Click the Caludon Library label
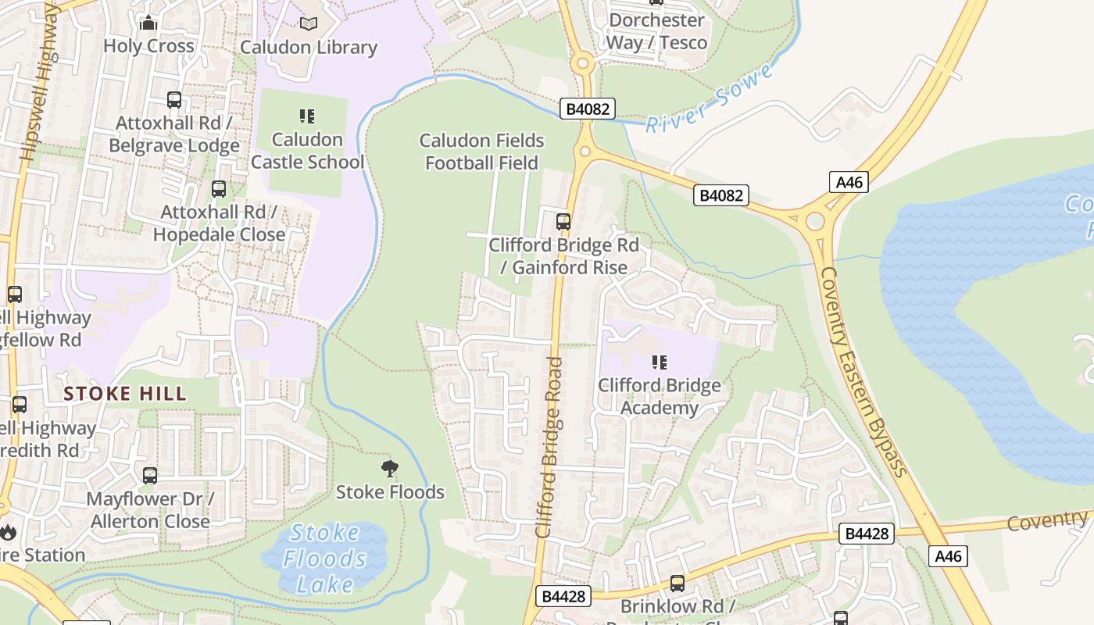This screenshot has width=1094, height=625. (309, 47)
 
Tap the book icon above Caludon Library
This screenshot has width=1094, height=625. (309, 24)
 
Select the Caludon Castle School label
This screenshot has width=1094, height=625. (307, 151)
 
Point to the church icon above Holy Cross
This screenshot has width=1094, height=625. (148, 23)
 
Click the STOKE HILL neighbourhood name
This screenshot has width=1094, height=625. (125, 393)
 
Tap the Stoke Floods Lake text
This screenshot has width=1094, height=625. (324, 559)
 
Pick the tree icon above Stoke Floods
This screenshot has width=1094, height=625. (389, 469)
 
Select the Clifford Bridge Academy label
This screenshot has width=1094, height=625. (660, 397)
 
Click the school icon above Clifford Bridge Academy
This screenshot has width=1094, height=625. (660, 362)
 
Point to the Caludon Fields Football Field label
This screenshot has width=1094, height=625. (481, 152)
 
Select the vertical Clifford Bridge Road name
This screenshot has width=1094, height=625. (550, 447)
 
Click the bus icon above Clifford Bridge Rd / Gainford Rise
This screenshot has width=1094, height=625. (563, 222)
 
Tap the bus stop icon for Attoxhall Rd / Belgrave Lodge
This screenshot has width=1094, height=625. (174, 100)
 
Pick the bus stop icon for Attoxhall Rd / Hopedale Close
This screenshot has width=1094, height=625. (219, 189)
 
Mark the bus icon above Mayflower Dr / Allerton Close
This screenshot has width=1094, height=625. (149, 476)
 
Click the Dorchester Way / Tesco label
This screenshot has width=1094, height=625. (656, 31)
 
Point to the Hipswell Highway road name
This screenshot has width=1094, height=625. (39, 82)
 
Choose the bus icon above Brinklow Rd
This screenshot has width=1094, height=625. (677, 584)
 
